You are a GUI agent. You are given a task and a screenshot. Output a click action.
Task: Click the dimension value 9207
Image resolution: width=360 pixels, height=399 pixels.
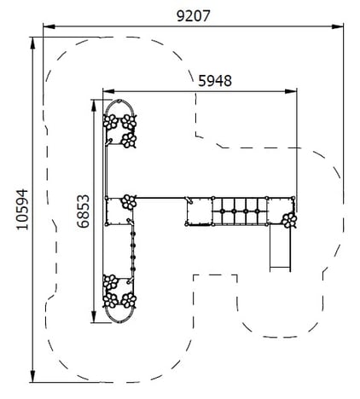tap(194, 15)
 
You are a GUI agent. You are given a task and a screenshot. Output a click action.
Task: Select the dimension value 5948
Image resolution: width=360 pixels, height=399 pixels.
tap(215, 81)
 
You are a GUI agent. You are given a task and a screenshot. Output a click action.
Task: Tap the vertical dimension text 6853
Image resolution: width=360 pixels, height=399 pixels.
tap(83, 211)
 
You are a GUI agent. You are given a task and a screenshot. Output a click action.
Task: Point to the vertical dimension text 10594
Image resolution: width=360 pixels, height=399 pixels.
tap(22, 209)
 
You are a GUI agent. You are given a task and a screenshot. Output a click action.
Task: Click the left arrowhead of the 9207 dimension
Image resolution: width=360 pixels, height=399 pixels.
tap(49, 26)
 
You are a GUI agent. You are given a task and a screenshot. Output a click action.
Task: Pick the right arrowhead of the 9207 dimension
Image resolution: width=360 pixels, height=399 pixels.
tap(338, 26)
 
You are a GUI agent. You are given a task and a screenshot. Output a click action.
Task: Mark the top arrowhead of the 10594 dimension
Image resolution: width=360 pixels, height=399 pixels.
tap(32, 43)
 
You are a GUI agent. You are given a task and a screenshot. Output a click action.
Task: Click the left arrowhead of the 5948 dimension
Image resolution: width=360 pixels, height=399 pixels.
tap(108, 91)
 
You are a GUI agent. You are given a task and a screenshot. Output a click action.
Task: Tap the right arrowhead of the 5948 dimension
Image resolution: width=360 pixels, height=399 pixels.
tap(291, 91)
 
